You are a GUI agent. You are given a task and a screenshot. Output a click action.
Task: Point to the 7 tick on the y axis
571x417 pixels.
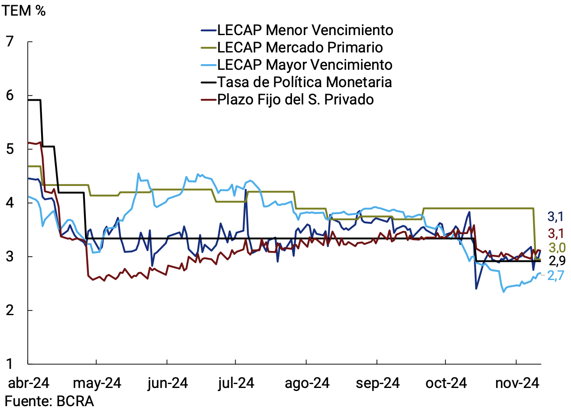[x=10, y=42]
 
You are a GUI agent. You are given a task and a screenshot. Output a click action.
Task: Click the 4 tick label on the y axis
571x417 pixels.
[x=10, y=202]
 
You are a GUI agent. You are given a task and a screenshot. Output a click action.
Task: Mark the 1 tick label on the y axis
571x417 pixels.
[x=10, y=364]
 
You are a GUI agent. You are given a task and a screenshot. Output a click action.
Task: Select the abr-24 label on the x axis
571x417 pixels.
[x=29, y=383]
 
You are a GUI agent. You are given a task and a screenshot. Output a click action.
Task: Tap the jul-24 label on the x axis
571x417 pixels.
[x=236, y=383]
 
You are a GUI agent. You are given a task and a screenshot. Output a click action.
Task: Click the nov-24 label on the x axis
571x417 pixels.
[x=517, y=383]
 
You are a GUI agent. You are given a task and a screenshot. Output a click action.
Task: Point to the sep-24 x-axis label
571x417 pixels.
[x=377, y=383]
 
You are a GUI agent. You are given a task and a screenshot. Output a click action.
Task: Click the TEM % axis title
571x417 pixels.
[x=23, y=10]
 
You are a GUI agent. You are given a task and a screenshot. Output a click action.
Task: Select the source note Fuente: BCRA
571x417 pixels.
[x=49, y=401]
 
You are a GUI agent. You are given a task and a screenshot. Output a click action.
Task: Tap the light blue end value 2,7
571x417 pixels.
[x=555, y=275]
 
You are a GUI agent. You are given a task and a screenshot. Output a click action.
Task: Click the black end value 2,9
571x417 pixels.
[x=557, y=261]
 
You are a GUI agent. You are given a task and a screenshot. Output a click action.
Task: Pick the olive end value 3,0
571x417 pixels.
[x=557, y=248]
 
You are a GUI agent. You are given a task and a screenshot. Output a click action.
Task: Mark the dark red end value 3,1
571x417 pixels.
[x=556, y=234]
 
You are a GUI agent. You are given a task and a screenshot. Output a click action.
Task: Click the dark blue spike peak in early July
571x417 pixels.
[x=246, y=190]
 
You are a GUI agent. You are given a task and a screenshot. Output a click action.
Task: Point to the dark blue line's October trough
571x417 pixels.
[x=477, y=289]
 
